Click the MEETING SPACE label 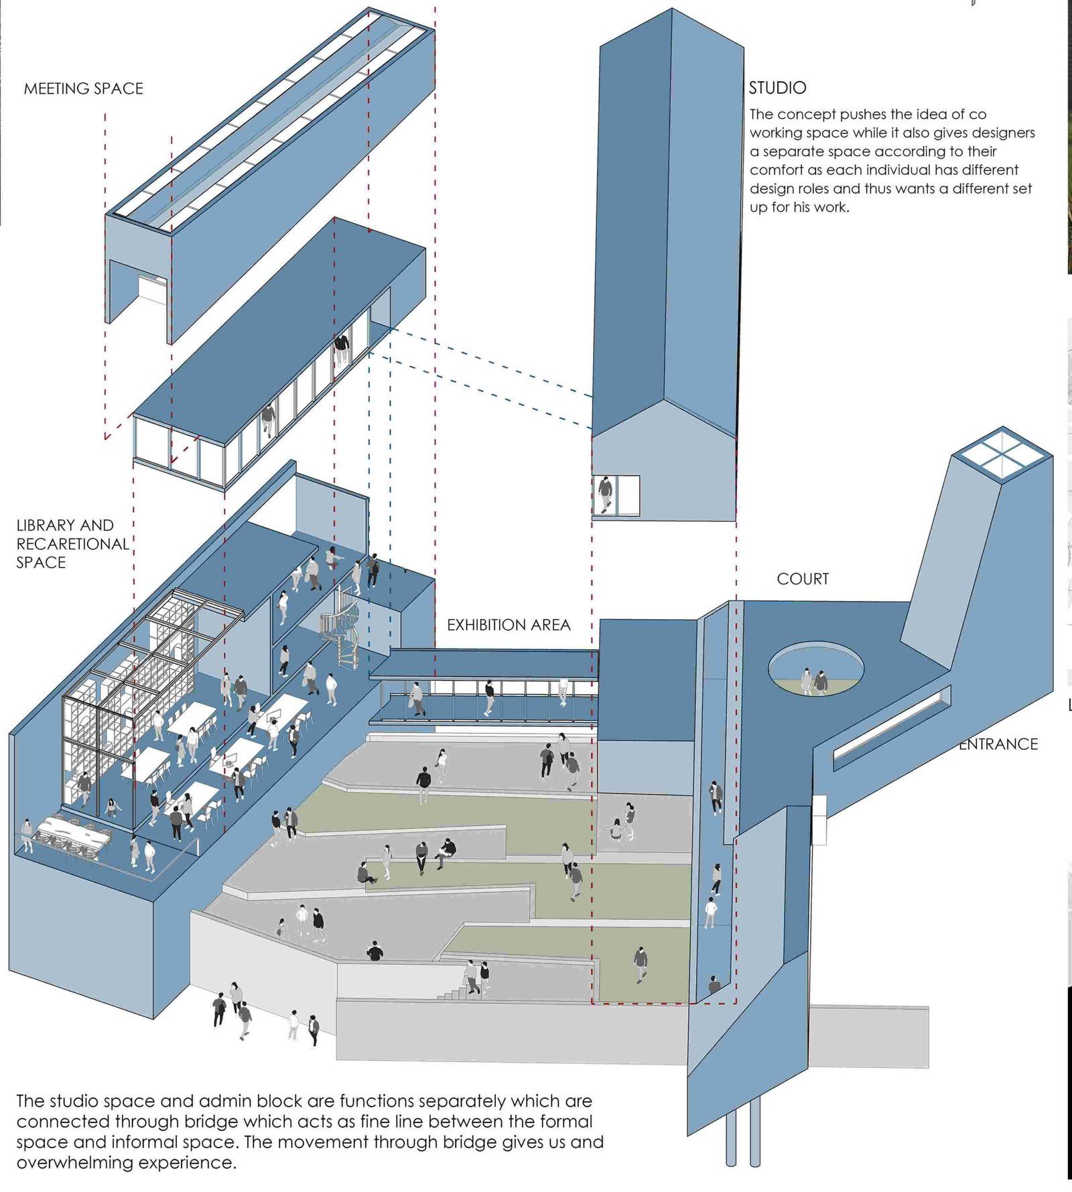point(83,88)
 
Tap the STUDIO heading point(777,88)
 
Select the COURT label point(802,579)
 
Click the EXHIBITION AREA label point(509,625)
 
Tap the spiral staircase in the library point(341,626)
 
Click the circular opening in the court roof point(815,668)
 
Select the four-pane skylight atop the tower point(1002,454)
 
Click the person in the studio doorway point(605,494)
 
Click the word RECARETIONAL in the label point(72,544)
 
